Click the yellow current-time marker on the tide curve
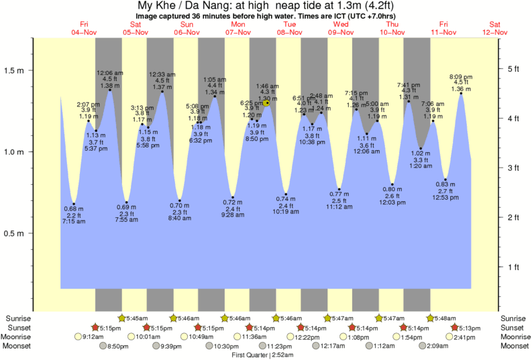pos(267,103)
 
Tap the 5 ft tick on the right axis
pos(499,69)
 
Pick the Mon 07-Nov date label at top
pos(238,27)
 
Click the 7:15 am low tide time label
pos(73,221)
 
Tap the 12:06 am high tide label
pos(109,72)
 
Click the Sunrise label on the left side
pos(17,318)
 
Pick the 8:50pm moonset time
pos(118,346)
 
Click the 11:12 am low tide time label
pos(339,207)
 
